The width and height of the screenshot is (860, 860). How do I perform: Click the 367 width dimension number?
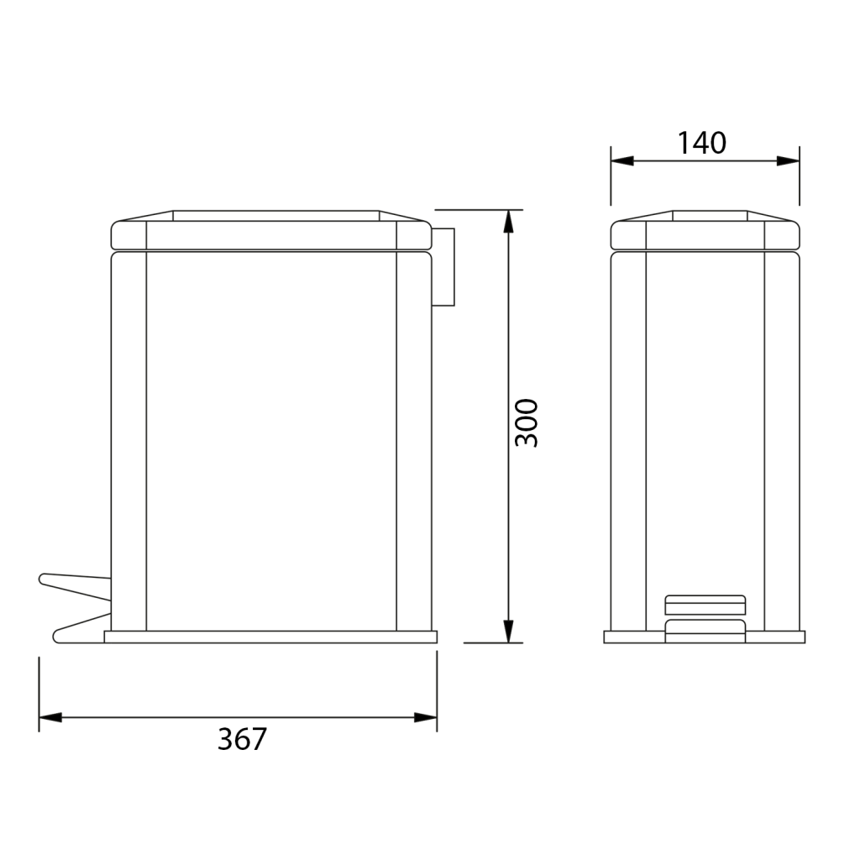(x=242, y=739)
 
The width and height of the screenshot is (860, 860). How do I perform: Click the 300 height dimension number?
(x=527, y=422)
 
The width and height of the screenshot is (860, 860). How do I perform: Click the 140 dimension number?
(x=701, y=144)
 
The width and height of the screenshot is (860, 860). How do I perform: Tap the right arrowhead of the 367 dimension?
(x=426, y=717)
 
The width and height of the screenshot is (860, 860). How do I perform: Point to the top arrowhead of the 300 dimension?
(x=508, y=221)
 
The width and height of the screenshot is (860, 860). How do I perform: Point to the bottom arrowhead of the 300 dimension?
(x=508, y=632)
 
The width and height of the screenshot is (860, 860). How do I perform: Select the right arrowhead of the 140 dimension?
(x=788, y=160)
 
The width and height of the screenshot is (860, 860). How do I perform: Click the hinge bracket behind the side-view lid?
(x=443, y=266)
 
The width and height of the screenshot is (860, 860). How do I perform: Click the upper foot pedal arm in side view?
(x=76, y=584)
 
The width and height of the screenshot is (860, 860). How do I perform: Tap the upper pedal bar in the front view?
(x=705, y=604)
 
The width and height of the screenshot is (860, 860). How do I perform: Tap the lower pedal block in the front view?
(x=705, y=632)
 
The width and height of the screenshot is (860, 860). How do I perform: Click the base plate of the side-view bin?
(x=270, y=637)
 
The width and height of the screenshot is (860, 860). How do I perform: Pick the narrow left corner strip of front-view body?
(x=628, y=441)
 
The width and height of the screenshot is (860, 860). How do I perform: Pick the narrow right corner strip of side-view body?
(x=414, y=441)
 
